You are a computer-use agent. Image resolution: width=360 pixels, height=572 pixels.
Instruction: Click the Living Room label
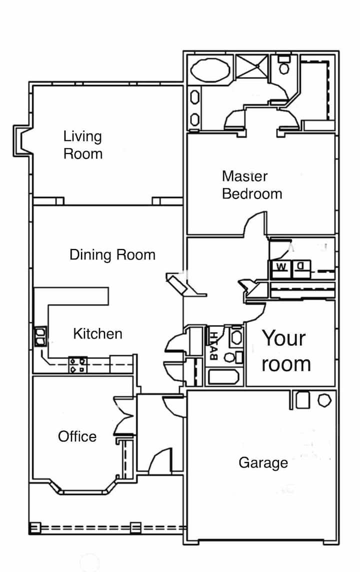[83, 145]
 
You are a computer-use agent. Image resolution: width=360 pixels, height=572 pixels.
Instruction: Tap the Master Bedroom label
[252, 185]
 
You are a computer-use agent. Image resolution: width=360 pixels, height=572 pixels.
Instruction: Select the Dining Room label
[112, 254]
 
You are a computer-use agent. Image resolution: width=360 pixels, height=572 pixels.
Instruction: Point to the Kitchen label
[98, 334]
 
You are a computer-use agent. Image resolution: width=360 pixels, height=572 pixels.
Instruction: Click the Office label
[77, 436]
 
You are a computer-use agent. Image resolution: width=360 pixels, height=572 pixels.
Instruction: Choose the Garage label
[263, 463]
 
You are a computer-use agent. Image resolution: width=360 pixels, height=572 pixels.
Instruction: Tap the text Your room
[286, 350]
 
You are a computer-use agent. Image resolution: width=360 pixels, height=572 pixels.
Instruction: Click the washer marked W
[281, 268]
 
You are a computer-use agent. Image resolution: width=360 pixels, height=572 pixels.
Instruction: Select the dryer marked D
[301, 268]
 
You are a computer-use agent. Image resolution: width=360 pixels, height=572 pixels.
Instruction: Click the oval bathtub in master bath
[210, 69]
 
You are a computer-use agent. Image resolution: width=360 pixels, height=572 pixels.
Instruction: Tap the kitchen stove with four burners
[78, 365]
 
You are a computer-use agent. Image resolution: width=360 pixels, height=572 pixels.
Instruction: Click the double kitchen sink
[40, 336]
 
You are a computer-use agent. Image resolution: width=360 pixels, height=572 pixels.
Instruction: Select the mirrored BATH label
[214, 345]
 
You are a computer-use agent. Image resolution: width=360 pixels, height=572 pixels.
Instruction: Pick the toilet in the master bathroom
[284, 64]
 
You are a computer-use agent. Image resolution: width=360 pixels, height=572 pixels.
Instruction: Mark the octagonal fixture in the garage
[324, 400]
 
